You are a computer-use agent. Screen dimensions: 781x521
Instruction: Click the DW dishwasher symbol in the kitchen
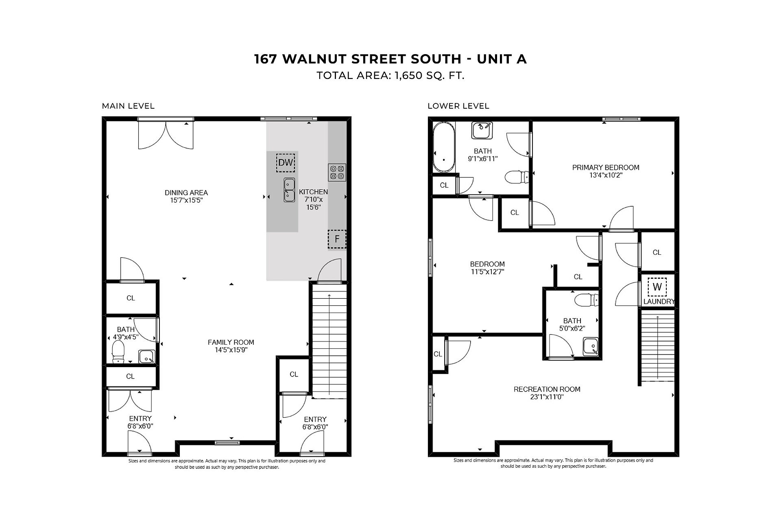286,163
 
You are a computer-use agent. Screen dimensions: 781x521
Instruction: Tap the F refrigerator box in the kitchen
337,239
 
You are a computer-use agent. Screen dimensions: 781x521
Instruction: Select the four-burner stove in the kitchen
337,172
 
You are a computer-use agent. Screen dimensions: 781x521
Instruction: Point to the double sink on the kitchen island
289,190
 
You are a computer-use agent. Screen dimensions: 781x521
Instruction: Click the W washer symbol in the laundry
657,287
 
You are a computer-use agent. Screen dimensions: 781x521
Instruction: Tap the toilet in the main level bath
118,352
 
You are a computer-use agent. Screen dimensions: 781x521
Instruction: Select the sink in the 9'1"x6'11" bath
482,130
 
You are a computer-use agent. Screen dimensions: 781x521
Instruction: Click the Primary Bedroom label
606,167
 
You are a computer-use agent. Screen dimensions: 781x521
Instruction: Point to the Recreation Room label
547,389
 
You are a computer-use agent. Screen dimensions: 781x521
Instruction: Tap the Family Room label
231,342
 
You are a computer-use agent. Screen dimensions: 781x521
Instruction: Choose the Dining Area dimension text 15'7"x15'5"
187,200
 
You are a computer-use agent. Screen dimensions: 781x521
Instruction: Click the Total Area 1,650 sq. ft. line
390,76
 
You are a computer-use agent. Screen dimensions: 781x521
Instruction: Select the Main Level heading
128,106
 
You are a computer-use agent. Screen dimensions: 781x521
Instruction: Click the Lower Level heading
458,106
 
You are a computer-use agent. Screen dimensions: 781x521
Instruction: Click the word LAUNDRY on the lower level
659,302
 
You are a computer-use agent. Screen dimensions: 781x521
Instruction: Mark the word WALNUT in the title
314,59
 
